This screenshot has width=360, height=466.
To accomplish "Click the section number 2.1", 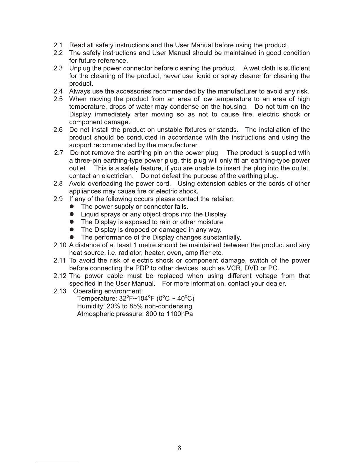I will click(x=58, y=45).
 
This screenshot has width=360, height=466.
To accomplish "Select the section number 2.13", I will click(x=60, y=291).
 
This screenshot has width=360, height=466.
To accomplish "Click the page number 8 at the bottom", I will click(x=180, y=448).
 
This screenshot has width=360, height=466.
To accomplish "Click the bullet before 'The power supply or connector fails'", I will click(x=71, y=207).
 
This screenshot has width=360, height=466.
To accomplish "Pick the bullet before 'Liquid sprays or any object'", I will click(x=71, y=214).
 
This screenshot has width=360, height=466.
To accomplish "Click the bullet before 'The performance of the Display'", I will click(x=71, y=237).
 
